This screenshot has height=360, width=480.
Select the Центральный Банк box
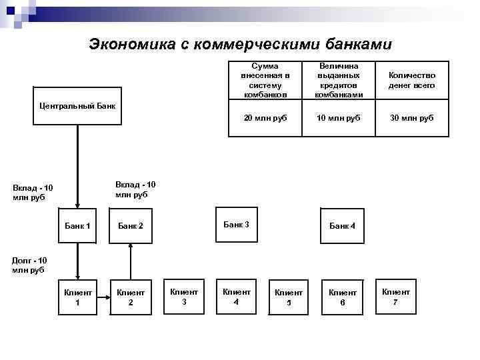[77, 106]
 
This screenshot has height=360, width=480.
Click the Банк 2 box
[131, 226]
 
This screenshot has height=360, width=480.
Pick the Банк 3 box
[236, 225]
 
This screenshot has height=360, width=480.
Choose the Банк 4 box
[343, 226]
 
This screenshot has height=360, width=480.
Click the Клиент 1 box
[77, 297]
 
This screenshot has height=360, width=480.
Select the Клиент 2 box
[131, 297]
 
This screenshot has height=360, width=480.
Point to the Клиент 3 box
[184, 296]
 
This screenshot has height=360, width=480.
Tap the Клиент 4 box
[237, 296]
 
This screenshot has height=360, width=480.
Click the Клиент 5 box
[289, 297]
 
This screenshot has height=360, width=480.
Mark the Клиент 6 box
[343, 297]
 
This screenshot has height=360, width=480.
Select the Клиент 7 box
[396, 296]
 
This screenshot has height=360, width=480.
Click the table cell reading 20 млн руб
[265, 118]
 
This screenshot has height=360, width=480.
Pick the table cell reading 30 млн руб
[411, 118]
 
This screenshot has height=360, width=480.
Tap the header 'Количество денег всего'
[411, 81]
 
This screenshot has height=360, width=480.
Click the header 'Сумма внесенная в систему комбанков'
[265, 81]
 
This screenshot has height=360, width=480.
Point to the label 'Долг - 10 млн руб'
[29, 265]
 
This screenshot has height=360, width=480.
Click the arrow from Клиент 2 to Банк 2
[131, 260]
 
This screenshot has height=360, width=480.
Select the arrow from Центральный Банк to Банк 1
[77, 167]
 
